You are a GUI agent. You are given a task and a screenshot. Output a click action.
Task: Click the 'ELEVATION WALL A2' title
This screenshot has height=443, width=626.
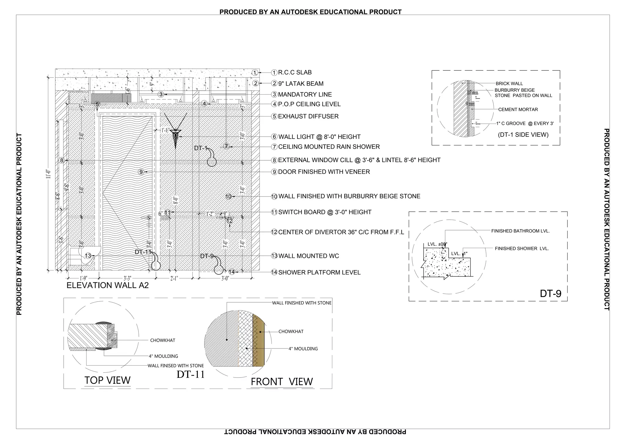pyautogui.click(x=108, y=285)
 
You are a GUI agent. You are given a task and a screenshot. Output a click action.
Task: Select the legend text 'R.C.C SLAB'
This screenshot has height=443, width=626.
pyautogui.click(x=295, y=73)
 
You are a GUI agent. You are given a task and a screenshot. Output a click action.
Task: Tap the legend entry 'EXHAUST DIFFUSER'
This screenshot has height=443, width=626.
pyautogui.click(x=308, y=117)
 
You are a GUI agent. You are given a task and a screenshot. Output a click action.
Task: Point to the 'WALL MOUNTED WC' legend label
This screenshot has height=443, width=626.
pyautogui.click(x=308, y=256)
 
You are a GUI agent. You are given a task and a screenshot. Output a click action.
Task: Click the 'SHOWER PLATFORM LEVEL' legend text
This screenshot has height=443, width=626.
pyautogui.click(x=319, y=273)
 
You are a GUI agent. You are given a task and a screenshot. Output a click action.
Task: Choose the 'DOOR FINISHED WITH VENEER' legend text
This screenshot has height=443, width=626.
pyautogui.click(x=324, y=172)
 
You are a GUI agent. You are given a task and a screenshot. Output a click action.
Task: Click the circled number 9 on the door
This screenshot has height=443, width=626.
pyautogui.click(x=141, y=172)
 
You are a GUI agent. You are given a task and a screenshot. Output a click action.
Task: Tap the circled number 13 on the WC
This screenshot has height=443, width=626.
pyautogui.click(x=88, y=256)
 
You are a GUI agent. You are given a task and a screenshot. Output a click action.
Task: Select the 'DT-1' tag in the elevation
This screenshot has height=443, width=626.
pyautogui.click(x=201, y=148)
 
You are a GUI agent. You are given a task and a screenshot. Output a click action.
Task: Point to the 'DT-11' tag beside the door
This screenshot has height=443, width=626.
pyautogui.click(x=143, y=252)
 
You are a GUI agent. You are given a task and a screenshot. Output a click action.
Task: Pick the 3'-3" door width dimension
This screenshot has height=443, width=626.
pyautogui.click(x=127, y=278)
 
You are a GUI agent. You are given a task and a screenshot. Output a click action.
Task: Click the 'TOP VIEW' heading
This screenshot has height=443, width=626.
pyautogui.click(x=107, y=380)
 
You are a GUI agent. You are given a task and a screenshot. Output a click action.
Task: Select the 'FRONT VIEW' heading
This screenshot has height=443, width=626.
pyautogui.click(x=282, y=382)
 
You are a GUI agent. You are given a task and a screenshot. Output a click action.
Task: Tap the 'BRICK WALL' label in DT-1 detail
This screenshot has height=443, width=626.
pyautogui.click(x=509, y=84)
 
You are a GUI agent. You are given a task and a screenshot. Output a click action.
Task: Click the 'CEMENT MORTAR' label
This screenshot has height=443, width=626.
pyautogui.click(x=518, y=110)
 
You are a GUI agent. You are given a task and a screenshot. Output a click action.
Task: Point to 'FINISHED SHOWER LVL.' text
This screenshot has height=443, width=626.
pyautogui.click(x=522, y=249)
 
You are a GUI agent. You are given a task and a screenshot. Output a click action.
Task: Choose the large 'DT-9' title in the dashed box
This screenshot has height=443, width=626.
pyautogui.click(x=551, y=294)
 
